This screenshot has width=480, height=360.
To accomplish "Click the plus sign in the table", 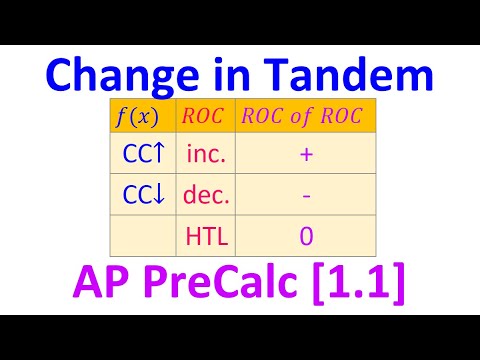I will click(x=304, y=155).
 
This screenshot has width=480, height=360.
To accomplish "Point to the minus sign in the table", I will click(x=304, y=196).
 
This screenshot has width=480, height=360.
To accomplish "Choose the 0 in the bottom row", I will click(x=304, y=236).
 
